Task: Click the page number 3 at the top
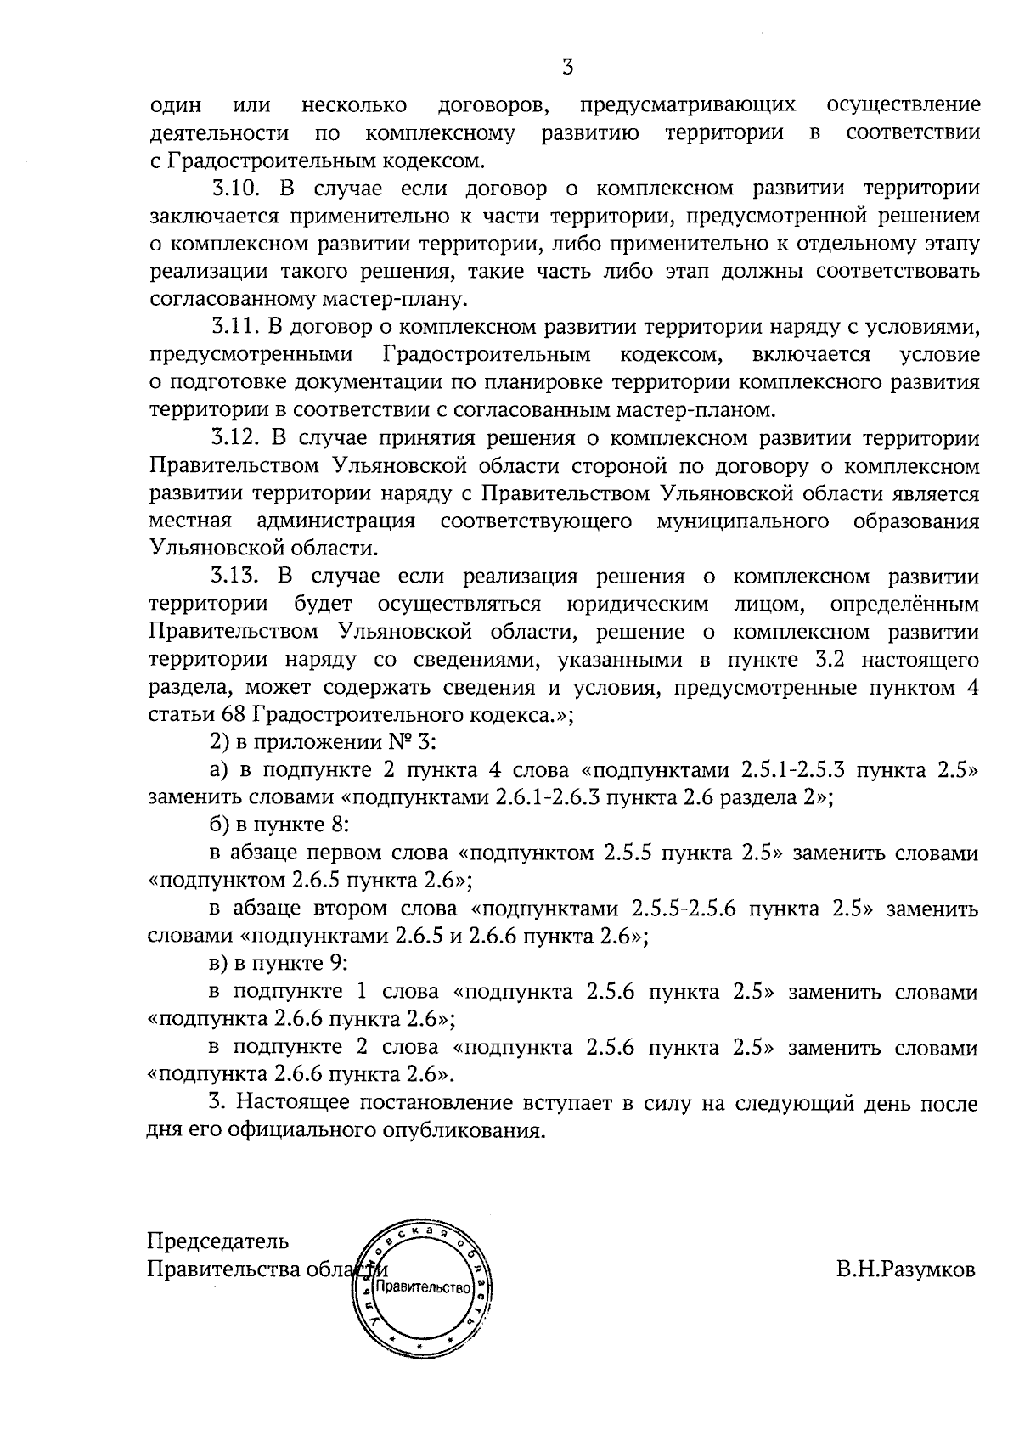coord(568,67)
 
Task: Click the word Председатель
coord(218,1241)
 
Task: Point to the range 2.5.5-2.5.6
coord(690,909)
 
